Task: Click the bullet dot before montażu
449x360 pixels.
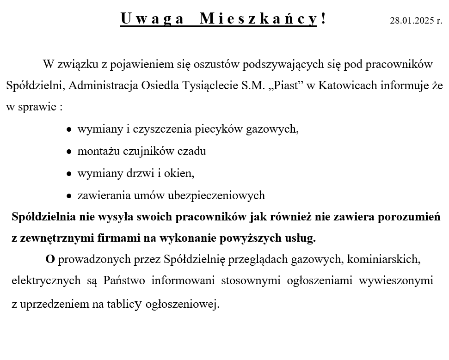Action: (x=69, y=152)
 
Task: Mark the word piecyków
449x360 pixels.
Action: (x=219, y=129)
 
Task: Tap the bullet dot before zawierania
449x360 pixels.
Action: (x=69, y=196)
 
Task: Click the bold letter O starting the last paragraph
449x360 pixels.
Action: (x=50, y=259)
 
